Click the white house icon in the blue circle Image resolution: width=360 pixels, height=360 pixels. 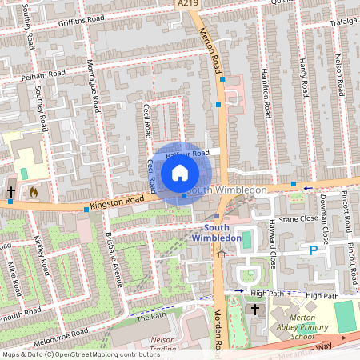coord(180,173)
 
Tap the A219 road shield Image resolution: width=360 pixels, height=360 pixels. coord(187,4)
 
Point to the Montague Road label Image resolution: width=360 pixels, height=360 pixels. coord(94,81)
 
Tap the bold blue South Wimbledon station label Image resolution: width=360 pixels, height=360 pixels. coord(217,234)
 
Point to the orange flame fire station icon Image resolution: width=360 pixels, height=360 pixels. coord(33,192)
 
